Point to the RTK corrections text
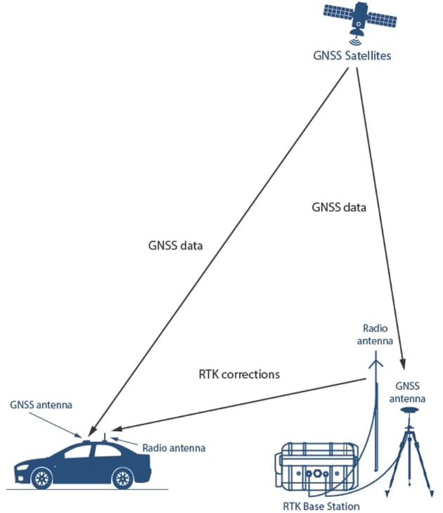coord(239,374)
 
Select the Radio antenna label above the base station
coord(374,335)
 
